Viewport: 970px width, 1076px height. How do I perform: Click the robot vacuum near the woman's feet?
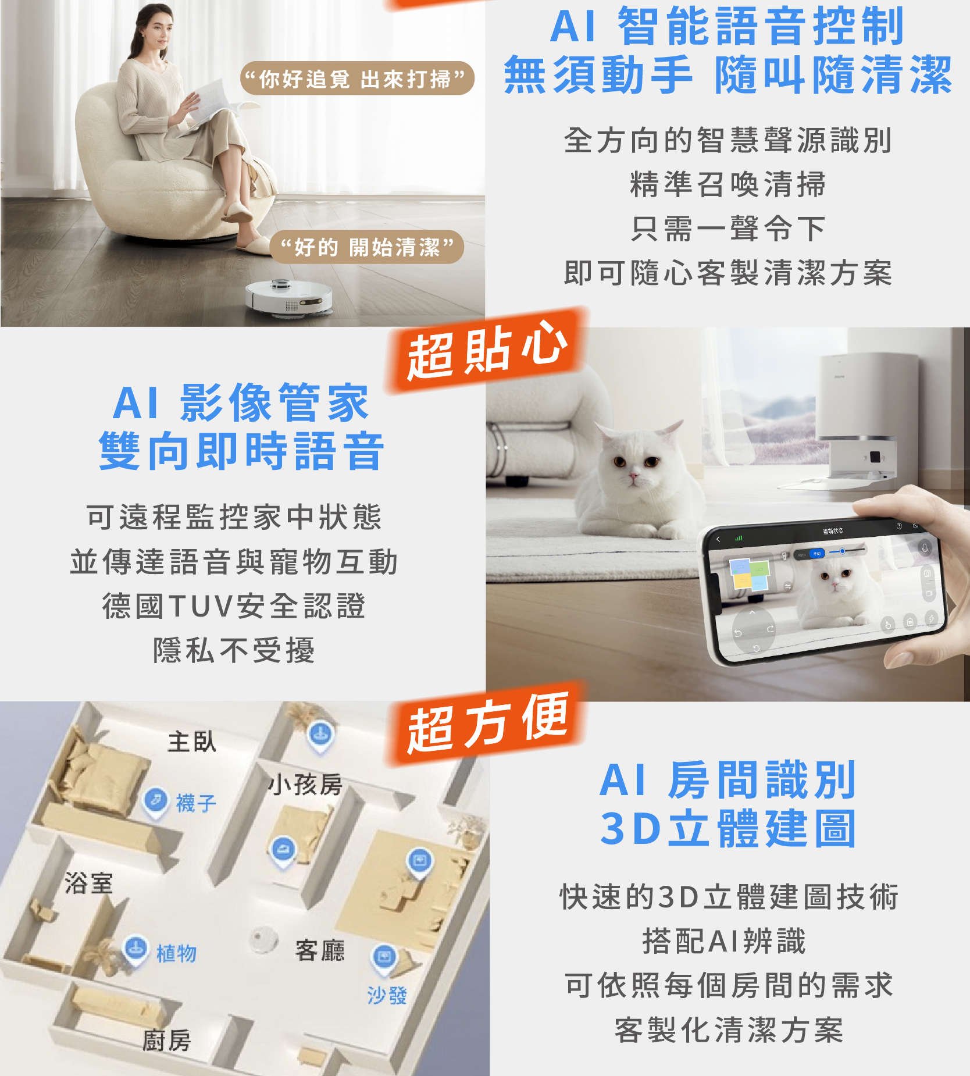pos(289,296)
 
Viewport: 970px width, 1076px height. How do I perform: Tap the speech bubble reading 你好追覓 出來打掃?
pos(357,79)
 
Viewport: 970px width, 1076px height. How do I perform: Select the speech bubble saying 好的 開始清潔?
pos(367,247)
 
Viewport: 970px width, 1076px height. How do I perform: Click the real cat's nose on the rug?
pos(633,476)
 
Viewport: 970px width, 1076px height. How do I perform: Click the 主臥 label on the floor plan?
pos(192,742)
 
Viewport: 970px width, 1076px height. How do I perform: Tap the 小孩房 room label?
pos(305,785)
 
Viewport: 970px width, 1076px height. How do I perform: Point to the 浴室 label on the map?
pos(88,883)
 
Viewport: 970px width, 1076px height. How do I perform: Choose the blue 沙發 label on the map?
pos(387,995)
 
